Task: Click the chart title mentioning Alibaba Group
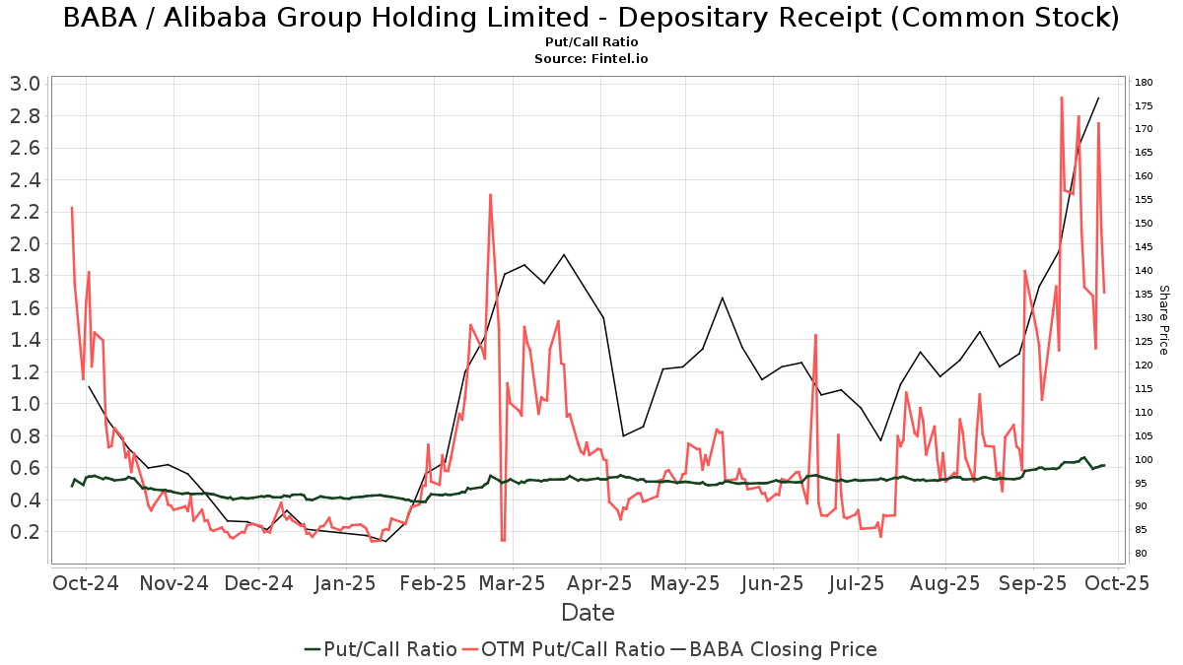[591, 18]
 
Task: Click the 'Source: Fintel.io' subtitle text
[591, 58]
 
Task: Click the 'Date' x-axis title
[588, 613]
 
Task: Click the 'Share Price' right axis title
[1163, 320]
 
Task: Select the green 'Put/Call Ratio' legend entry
[381, 649]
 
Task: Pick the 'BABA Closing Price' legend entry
[773, 649]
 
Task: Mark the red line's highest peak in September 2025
[1062, 98]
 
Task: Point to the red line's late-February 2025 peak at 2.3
[490, 194]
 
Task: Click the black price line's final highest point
[1098, 98]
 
